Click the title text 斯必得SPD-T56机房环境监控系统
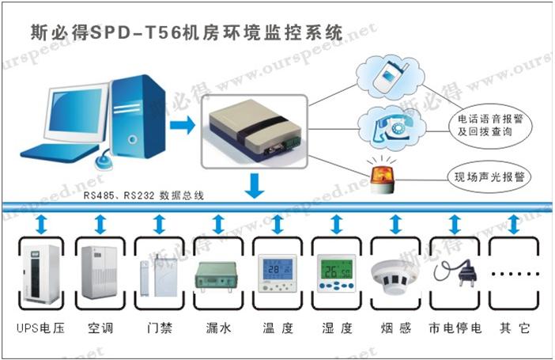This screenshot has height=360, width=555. (187, 33)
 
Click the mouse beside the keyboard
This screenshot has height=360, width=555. (104, 161)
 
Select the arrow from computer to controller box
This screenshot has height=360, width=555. (183, 125)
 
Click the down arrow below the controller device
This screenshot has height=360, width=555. (255, 186)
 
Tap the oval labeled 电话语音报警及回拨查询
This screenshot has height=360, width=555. (490, 126)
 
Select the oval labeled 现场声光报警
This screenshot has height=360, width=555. (489, 176)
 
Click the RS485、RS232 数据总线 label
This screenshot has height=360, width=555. (144, 195)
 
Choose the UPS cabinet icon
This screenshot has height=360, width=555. (41, 275)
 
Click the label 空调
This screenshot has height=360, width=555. (100, 328)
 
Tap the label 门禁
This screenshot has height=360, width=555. (160, 328)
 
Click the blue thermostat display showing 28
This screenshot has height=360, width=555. (277, 273)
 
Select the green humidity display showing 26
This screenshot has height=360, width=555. (336, 273)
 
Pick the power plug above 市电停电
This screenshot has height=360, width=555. (455, 273)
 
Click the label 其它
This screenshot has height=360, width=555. (515, 328)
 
